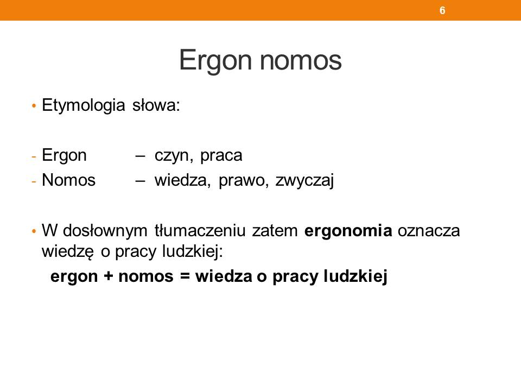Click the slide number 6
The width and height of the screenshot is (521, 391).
442,10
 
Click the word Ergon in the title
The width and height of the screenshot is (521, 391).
215,60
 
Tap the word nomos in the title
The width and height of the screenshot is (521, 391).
301,61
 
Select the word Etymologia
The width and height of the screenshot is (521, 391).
84,106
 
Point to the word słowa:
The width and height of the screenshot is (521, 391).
156,105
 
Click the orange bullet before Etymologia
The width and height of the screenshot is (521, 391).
34,106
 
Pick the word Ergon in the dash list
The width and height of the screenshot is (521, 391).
64,156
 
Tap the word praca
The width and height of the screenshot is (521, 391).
221,156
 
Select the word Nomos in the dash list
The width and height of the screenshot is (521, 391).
68,180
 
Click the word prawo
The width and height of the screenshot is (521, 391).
244,181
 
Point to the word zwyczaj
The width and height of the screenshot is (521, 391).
304,181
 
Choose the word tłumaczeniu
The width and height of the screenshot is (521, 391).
200,230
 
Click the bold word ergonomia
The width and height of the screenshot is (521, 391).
348,231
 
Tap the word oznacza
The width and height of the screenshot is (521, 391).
429,231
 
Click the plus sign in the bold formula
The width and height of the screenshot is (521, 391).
108,276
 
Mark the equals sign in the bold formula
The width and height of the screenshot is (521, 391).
185,276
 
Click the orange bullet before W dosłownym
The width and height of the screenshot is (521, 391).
34,231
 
